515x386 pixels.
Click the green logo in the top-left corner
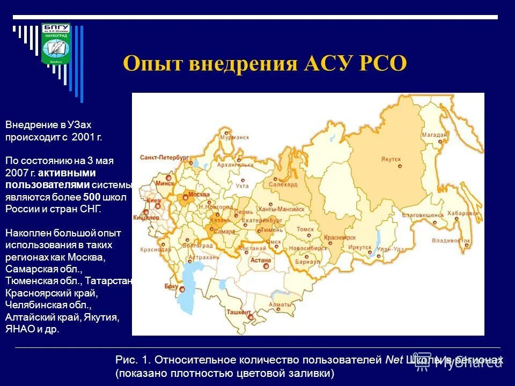(x=55, y=44)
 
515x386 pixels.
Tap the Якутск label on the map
(x=392, y=159)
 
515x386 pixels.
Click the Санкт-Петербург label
(x=165, y=158)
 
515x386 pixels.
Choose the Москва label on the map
(x=198, y=194)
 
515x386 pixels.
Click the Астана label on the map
(x=261, y=260)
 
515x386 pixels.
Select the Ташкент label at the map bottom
(x=239, y=312)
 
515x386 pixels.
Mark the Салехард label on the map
(x=283, y=184)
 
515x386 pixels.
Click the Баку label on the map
(x=171, y=287)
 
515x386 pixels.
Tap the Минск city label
(x=163, y=183)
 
